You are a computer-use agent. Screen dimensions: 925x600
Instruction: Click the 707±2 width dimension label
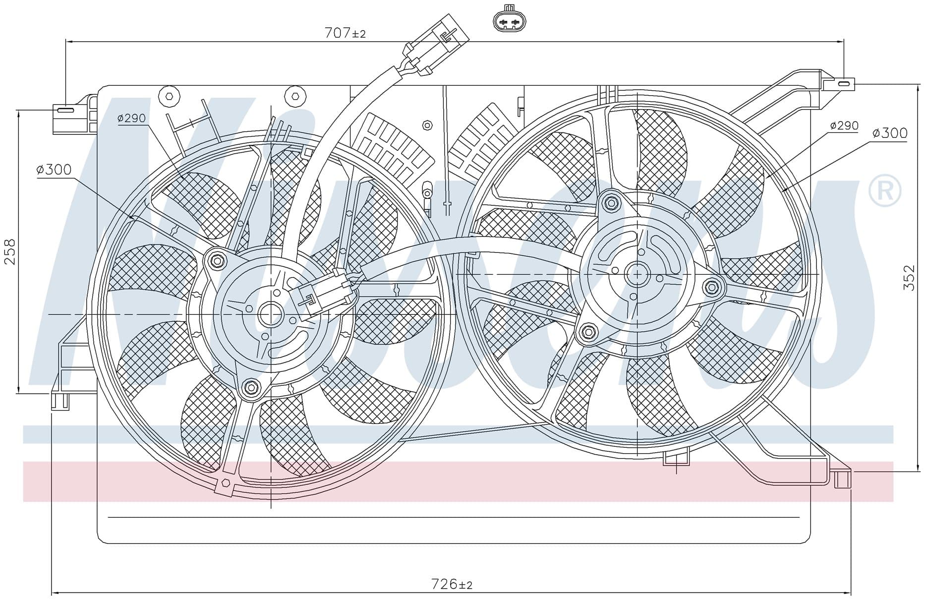(x=345, y=33)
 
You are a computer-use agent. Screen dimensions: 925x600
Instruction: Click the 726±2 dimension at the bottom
(x=452, y=584)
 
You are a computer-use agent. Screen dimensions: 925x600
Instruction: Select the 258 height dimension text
(x=10, y=251)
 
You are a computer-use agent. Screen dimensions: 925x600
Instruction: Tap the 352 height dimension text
(x=909, y=278)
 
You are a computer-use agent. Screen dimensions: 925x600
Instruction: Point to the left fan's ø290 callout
(x=131, y=118)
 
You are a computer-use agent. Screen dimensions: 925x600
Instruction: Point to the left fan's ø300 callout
(x=54, y=170)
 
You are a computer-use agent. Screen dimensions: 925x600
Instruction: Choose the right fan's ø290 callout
(x=844, y=125)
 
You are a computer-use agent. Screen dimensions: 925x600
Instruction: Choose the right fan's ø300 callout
(x=890, y=133)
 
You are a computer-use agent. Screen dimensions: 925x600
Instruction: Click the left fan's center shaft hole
(x=271, y=314)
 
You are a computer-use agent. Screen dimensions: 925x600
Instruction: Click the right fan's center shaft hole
(x=637, y=274)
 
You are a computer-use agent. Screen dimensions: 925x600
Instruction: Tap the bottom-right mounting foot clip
(x=843, y=478)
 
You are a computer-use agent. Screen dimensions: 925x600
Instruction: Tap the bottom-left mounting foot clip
(x=60, y=400)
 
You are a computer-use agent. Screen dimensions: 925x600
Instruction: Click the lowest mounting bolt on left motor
(x=250, y=387)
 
